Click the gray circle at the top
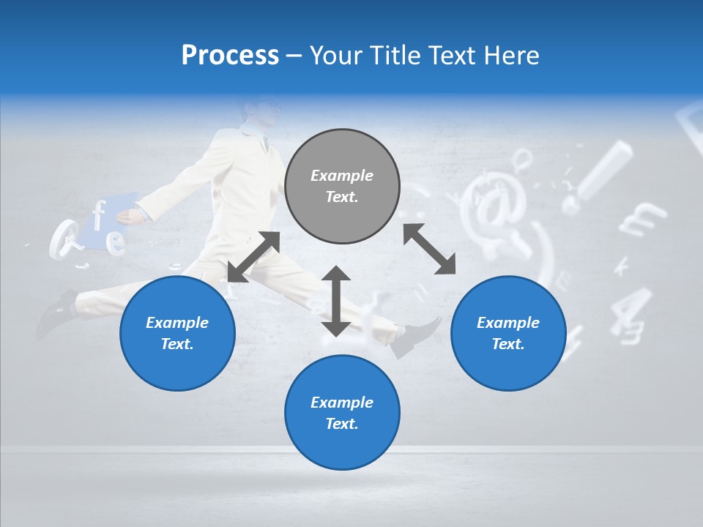coord(342,187)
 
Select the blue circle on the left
coord(177,333)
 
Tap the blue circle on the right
coord(508,333)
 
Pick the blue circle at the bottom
coord(342,413)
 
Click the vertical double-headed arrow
coord(336,301)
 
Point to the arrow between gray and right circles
coord(429,249)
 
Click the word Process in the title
coord(230,56)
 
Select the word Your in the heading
coord(336,56)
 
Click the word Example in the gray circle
coord(342,176)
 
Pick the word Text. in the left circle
coord(177,344)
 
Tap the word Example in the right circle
coord(508,323)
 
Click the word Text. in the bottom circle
coord(342,424)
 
